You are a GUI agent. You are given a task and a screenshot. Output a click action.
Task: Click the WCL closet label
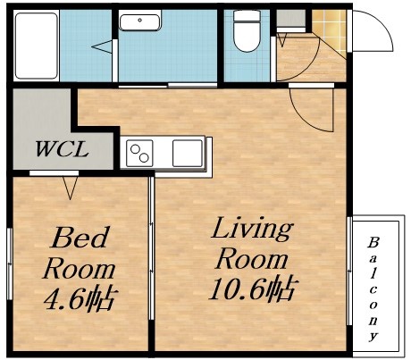pyautogui.click(x=62, y=148)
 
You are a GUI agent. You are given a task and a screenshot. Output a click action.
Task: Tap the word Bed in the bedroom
pyautogui.click(x=80, y=238)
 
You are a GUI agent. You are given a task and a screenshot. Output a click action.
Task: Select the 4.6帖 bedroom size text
pyautogui.click(x=80, y=299)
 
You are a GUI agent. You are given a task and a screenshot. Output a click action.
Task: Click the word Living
pyautogui.click(x=252, y=230)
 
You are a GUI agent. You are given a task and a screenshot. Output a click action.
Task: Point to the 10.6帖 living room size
pyautogui.click(x=252, y=289)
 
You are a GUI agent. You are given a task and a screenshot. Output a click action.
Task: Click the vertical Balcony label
pyautogui.click(x=373, y=289)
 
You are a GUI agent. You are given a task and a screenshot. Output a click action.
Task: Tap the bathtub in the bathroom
pyautogui.click(x=36, y=46)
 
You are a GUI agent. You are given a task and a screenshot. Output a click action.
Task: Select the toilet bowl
pyautogui.click(x=247, y=31)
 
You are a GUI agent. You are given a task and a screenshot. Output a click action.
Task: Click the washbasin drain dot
pyautogui.click(x=139, y=20)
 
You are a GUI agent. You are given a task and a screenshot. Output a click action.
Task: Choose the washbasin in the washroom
pyautogui.click(x=140, y=21)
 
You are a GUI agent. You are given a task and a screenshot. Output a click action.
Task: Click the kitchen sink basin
pyautogui.click(x=188, y=153)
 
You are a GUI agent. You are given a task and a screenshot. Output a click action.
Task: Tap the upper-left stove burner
pyautogui.click(x=135, y=148)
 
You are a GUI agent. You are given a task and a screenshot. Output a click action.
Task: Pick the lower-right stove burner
pyautogui.click(x=144, y=158)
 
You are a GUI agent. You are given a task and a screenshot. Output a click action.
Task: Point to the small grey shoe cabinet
pyautogui.click(x=290, y=18)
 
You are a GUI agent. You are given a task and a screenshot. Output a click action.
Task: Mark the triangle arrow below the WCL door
pyautogui.click(x=70, y=188)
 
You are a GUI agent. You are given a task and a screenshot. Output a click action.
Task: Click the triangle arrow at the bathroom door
pyautogui.click(x=102, y=46)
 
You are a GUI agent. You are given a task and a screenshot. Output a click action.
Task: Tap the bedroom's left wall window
pyautogui.click(x=10, y=264)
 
